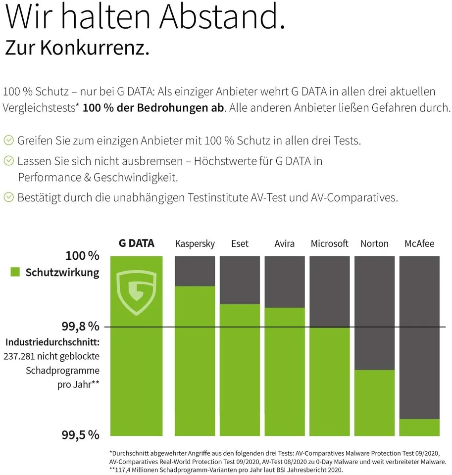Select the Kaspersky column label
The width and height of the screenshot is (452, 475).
(x=195, y=243)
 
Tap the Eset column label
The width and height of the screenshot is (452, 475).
(x=240, y=243)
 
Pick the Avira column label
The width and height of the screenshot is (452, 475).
(x=284, y=243)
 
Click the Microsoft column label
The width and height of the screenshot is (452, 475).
(x=329, y=243)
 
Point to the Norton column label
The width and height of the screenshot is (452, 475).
(x=374, y=243)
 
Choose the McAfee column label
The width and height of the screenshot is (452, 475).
(x=419, y=243)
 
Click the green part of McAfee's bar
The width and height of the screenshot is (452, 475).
(x=419, y=427)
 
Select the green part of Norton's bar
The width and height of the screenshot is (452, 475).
(x=374, y=403)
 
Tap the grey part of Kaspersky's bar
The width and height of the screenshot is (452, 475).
(x=195, y=271)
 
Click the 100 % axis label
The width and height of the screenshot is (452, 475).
(x=82, y=256)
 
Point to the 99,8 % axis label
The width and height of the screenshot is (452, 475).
(x=80, y=327)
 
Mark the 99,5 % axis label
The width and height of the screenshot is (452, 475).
(x=80, y=435)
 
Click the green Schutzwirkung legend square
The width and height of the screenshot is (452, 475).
(x=15, y=272)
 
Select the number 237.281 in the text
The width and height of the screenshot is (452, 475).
(x=20, y=356)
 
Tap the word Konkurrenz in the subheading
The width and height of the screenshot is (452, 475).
(x=95, y=47)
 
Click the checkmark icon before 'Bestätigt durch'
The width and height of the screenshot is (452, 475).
(x=8, y=197)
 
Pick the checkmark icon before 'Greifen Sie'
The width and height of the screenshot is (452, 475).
(x=8, y=141)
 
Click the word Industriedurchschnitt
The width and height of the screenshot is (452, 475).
(x=52, y=342)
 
